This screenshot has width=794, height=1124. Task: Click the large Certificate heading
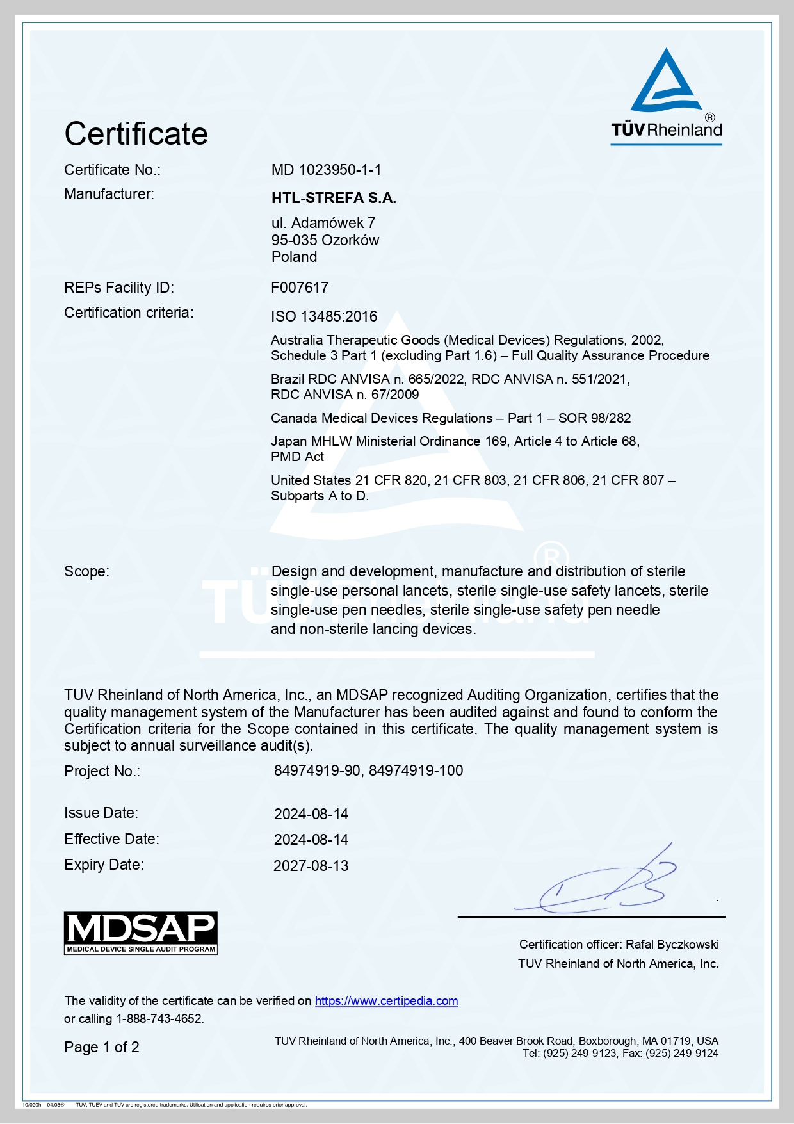[x=136, y=134]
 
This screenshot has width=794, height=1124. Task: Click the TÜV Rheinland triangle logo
[x=666, y=81]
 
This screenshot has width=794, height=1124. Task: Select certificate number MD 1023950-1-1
[x=326, y=170]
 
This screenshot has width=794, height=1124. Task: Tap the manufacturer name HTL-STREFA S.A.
[x=334, y=198]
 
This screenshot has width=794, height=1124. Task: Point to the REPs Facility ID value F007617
[x=300, y=288]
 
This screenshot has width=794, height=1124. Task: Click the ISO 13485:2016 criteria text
[x=324, y=316]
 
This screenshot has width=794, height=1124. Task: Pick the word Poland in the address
[x=294, y=257]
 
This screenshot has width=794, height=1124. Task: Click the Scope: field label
[x=86, y=571]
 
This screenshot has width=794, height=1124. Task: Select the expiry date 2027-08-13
[x=311, y=866]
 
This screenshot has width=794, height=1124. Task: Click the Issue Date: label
[x=101, y=813]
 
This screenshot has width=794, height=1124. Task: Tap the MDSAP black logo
[x=141, y=933]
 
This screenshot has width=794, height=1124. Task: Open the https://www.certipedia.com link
[x=386, y=1001]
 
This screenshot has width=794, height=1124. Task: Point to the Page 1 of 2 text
[x=102, y=1047]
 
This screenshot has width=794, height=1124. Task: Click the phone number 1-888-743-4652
[x=159, y=1018]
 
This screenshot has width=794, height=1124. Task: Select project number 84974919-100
[x=416, y=770]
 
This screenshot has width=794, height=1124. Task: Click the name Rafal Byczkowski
[x=672, y=944]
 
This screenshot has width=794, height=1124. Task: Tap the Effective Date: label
[x=111, y=839]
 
